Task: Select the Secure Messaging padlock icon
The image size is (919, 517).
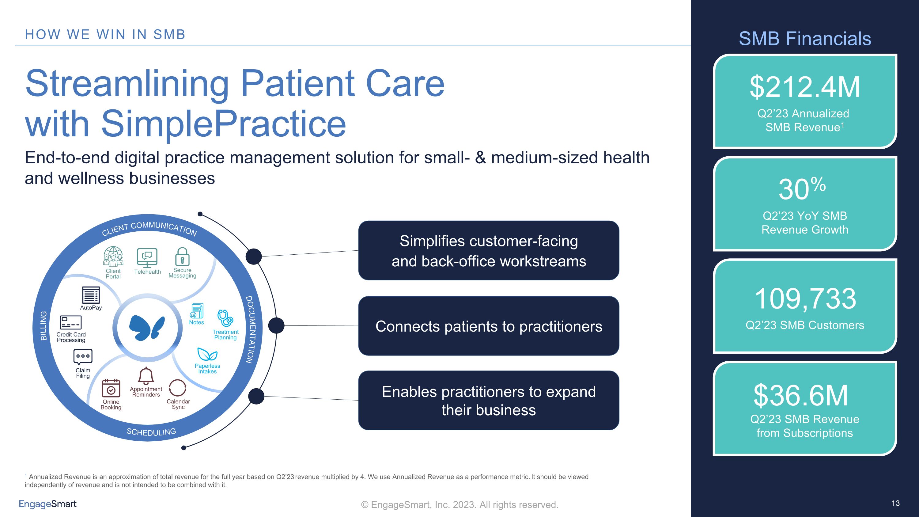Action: pos(182,257)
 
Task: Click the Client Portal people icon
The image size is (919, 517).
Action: pos(113,257)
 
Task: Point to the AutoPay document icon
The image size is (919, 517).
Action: pos(91,295)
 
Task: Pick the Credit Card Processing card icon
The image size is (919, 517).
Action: pos(71,322)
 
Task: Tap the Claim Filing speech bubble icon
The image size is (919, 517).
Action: pos(83,357)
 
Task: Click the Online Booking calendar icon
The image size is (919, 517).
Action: pos(111,388)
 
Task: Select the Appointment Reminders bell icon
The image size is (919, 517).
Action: pos(146,376)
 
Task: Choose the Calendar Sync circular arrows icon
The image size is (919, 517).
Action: pos(178,388)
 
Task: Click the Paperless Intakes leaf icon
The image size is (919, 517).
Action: pos(207,354)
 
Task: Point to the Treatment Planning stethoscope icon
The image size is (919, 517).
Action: pos(225,318)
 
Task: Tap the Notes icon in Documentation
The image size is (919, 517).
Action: pos(197,311)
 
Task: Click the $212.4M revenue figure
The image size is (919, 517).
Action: pos(804,87)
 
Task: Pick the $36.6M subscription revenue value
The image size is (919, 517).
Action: pos(800,395)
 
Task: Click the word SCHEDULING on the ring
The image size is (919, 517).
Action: pos(151,432)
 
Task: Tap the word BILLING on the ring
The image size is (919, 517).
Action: pos(43,326)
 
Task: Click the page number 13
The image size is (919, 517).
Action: pos(895,503)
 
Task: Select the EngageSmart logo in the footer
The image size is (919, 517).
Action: pos(47,504)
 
